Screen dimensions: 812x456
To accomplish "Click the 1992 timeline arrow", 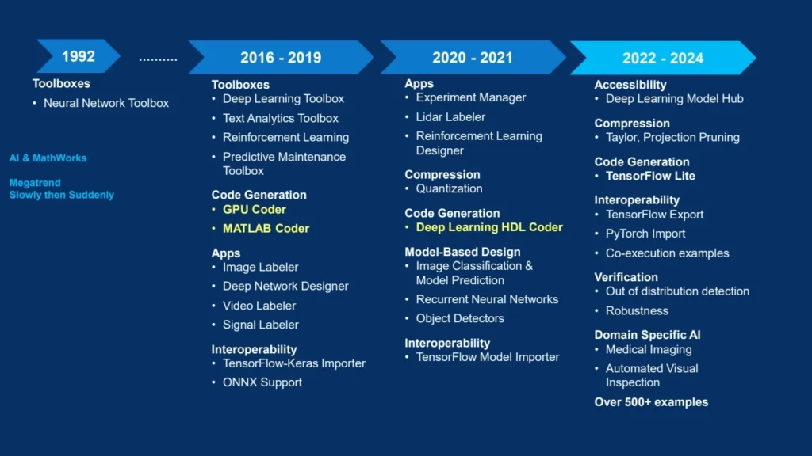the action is point(79,56).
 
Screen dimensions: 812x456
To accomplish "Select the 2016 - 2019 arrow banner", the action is point(281,57).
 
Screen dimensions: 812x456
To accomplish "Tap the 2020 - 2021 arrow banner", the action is point(473,57).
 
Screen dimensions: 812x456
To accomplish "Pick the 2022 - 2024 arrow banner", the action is point(663,58).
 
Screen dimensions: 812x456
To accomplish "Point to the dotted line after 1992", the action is point(158,60).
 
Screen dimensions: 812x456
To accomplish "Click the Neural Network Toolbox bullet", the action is point(106,103).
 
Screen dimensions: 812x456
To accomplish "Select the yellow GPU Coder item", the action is point(255,209).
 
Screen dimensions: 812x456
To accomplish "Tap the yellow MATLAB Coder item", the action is point(266,229).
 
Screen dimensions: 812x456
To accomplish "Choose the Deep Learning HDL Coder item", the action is point(489,227).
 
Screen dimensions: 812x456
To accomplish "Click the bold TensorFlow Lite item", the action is point(650,176).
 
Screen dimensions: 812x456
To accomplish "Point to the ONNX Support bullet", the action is point(262,382).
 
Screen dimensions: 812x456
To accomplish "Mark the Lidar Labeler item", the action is point(450,117).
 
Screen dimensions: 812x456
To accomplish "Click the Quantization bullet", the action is point(449,188).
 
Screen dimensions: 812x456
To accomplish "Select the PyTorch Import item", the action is point(645,234).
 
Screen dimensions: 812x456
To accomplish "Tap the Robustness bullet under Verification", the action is point(637,310).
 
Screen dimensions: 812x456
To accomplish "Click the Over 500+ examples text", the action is point(651,402).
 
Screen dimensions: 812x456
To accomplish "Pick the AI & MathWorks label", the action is point(48,158).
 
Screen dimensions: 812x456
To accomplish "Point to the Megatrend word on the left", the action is point(35,183).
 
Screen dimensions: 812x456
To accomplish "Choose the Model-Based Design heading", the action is point(462,252).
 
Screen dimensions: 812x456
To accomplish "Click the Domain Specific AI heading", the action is point(647,335).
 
